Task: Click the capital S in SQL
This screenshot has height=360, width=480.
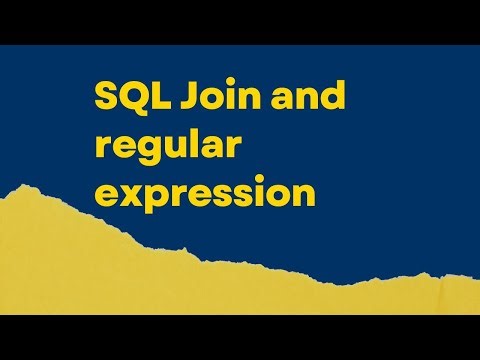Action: point(105,98)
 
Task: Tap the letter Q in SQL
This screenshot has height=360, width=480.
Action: point(128,98)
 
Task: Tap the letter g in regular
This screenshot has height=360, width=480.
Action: point(149,150)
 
